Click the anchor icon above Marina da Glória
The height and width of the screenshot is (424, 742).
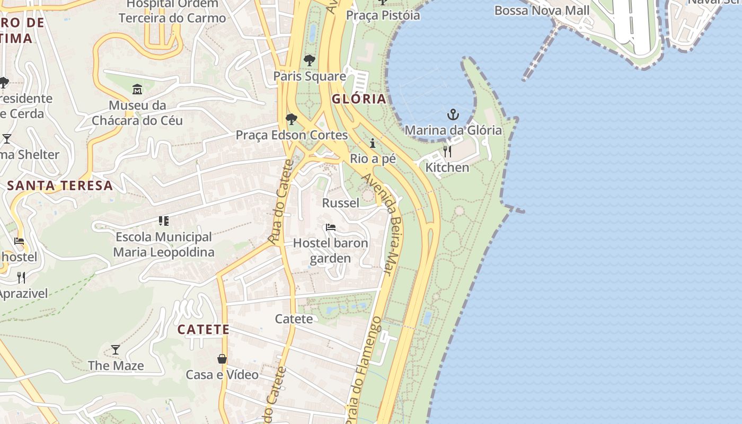coord(453,114)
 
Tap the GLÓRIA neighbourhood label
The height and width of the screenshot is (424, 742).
coord(359,99)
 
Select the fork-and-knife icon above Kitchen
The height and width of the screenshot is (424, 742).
coord(447,152)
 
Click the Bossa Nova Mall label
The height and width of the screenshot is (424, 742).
coord(542,11)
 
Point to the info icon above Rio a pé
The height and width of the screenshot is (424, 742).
coord(373,143)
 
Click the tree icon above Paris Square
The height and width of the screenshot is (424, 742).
coord(310,60)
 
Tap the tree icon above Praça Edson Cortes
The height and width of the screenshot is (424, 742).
coord(291,119)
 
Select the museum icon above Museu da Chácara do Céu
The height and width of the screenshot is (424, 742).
coord(137,89)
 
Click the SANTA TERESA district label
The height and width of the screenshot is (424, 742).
coord(60,185)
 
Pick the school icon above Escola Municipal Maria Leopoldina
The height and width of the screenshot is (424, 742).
coord(163,221)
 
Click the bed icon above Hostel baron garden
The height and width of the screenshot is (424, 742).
coord(331,227)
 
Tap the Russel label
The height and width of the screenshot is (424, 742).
coord(341,203)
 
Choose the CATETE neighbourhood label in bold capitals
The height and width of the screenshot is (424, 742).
coord(204,330)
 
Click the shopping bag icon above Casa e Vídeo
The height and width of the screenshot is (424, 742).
coord(222,359)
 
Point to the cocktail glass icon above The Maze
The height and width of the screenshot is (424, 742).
coord(116,350)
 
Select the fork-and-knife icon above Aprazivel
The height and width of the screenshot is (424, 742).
coord(21,277)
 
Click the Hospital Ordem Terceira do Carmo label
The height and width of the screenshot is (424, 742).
coord(172,11)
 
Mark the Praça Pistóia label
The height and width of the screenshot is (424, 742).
coord(383,15)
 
